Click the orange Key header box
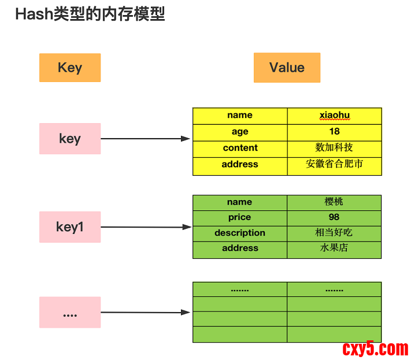[70, 68]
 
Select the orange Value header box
[287, 68]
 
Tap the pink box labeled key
[70, 139]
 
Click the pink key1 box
[70, 227]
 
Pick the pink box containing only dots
[70, 312]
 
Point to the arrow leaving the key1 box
[146, 227]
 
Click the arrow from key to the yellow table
[146, 139]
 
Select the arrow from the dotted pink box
[146, 312]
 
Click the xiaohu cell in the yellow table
[335, 116]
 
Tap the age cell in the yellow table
[240, 132]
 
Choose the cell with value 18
[335, 132]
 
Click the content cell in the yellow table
[240, 149]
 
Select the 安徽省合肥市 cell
[335, 166]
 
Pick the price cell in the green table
[240, 218]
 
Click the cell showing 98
[334, 218]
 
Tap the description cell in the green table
[240, 233]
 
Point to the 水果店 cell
[334, 250]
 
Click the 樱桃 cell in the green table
[334, 203]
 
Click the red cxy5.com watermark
[375, 349]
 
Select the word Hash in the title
[34, 14]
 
